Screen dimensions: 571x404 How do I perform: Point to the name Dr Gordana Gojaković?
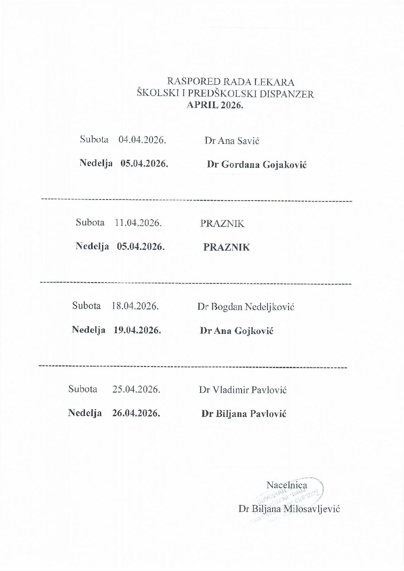pyautogui.click(x=257, y=165)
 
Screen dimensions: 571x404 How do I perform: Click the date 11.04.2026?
pyautogui.click(x=138, y=223)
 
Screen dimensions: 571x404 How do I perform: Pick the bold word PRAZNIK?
pyautogui.click(x=227, y=247)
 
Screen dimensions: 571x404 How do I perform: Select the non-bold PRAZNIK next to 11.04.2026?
pyautogui.click(x=222, y=224)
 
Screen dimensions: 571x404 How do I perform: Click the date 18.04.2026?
pyautogui.click(x=135, y=306)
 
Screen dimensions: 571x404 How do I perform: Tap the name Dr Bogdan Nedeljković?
pyautogui.click(x=246, y=307)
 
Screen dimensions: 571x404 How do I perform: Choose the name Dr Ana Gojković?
pyautogui.click(x=237, y=331)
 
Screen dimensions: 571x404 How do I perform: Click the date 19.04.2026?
pyautogui.click(x=137, y=330)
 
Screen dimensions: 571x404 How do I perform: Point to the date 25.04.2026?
pyautogui.click(x=136, y=389)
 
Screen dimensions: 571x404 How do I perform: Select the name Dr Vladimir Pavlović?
pyautogui.click(x=242, y=390)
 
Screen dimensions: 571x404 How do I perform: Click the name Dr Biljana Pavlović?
pyautogui.click(x=244, y=414)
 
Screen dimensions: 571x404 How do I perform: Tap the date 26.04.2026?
pyautogui.click(x=136, y=413)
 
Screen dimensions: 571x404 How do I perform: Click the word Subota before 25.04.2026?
pyautogui.click(x=83, y=389)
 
